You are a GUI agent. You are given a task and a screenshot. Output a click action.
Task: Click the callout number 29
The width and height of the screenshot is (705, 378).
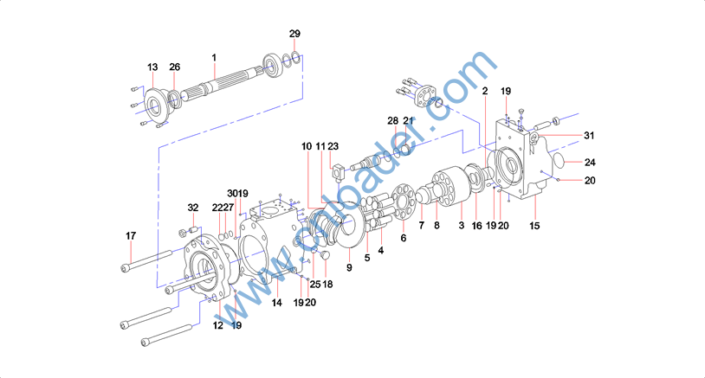click(x=294, y=34)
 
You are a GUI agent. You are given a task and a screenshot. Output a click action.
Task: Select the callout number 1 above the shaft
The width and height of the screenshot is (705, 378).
click(x=214, y=57)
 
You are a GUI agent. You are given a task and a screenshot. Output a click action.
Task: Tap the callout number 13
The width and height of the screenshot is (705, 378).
click(x=152, y=67)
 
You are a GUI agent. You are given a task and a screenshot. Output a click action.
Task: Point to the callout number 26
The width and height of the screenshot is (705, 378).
click(x=174, y=67)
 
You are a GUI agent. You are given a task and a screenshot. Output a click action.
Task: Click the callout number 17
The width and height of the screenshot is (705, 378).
click(x=131, y=235)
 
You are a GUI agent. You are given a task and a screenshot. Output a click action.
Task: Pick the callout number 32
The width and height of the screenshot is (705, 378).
click(x=193, y=208)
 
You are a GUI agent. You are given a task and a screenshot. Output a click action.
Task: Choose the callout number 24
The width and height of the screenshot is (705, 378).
click(x=590, y=162)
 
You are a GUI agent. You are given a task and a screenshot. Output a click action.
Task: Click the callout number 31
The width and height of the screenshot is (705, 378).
click(x=589, y=135)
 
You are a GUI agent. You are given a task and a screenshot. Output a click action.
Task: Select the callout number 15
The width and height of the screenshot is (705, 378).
click(x=534, y=226)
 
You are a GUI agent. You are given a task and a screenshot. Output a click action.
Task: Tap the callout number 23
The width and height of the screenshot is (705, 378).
click(x=333, y=146)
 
